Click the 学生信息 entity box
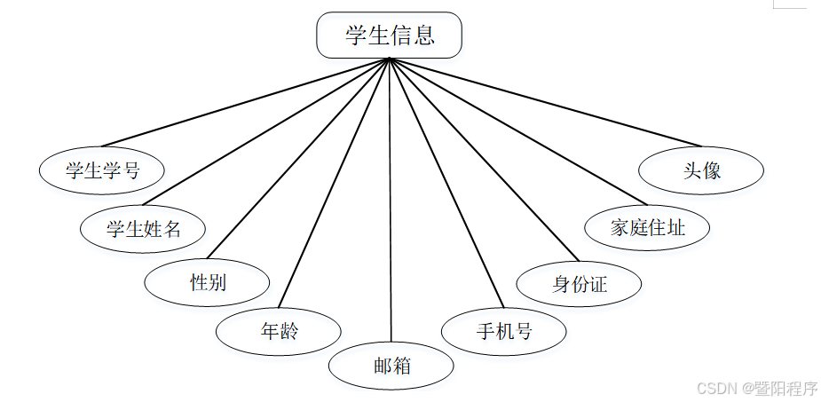tap(389, 35)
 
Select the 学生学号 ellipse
tap(102, 170)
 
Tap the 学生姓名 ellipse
tap(143, 229)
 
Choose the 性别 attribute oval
tap(208, 283)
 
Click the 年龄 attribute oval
tap(279, 332)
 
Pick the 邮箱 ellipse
tap(391, 365)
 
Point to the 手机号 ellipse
tap(503, 332)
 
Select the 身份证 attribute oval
tap(579, 284)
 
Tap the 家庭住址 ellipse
tap(648, 227)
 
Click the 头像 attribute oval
tap(701, 170)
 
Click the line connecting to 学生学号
tap(245, 102)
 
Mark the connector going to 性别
tap(297, 160)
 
